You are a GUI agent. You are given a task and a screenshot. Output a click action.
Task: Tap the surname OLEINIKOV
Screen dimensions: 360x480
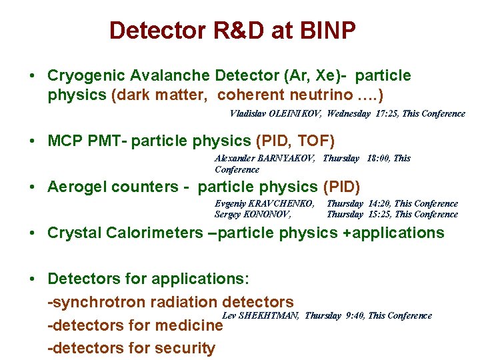pos(295,114)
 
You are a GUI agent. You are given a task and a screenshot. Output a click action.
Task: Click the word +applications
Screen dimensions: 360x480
pos(396,233)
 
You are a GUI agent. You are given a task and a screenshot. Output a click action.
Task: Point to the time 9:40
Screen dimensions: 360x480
pos(353,315)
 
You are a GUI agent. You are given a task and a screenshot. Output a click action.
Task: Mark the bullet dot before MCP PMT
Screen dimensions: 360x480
pos(33,141)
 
